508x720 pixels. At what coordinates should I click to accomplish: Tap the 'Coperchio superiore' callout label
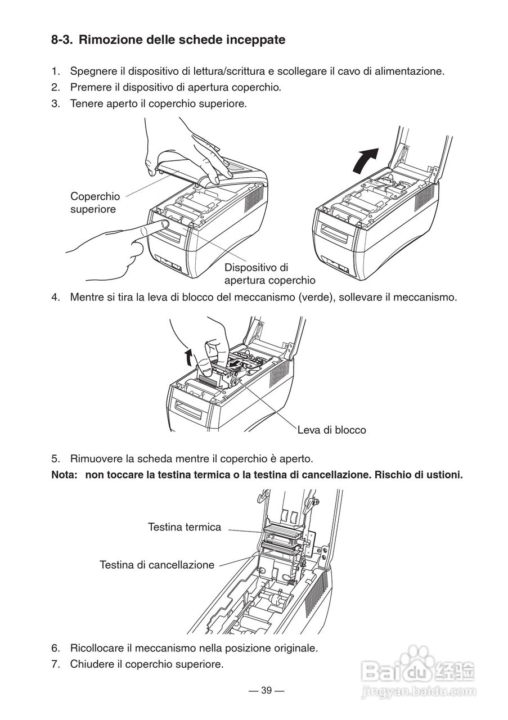click(x=95, y=202)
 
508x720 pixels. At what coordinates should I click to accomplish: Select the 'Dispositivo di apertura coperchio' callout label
click(x=269, y=273)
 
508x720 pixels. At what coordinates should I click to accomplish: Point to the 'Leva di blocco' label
click(x=331, y=430)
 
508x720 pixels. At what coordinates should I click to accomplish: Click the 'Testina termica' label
click(x=185, y=527)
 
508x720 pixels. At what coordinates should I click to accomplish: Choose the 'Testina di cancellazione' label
click(x=157, y=565)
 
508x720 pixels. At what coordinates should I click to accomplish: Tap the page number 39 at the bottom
click(x=266, y=691)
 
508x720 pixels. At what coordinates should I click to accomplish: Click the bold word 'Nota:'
click(x=64, y=475)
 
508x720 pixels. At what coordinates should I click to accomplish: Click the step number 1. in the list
click(x=56, y=71)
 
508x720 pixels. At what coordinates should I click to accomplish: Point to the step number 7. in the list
click(x=56, y=664)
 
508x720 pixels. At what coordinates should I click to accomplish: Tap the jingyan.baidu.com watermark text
click(x=425, y=690)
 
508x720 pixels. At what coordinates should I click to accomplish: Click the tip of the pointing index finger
click(x=164, y=224)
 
